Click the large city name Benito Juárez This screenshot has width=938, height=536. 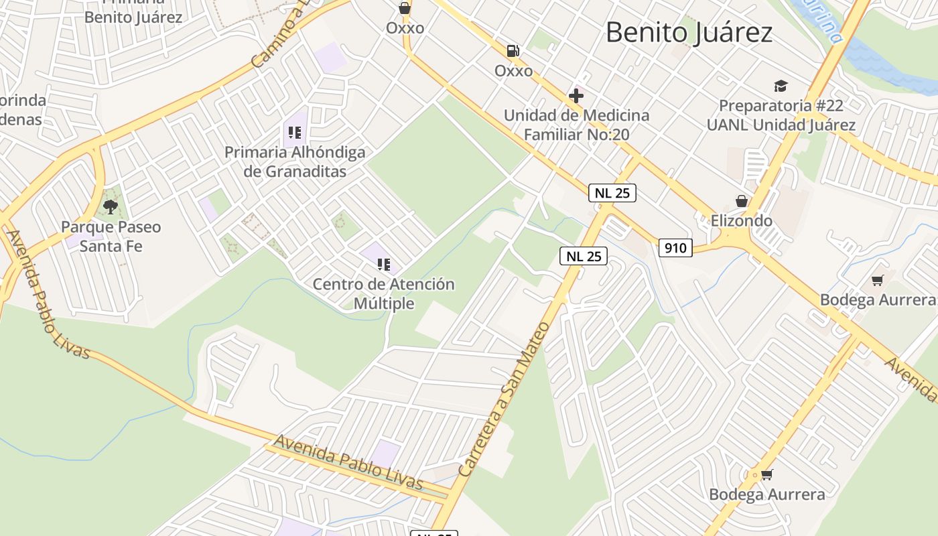(689, 32)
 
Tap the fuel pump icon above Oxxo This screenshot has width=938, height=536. (513, 50)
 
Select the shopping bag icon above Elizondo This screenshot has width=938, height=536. (742, 200)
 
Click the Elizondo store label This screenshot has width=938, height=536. (741, 220)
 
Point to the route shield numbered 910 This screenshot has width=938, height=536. (675, 248)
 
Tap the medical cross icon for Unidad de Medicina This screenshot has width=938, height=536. (576, 96)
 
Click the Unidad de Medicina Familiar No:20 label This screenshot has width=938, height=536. (576, 125)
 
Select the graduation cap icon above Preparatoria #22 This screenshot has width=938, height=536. (781, 86)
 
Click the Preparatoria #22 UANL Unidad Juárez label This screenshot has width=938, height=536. (781, 115)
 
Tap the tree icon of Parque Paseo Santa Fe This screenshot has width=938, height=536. (111, 206)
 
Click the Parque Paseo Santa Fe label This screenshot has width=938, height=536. (111, 236)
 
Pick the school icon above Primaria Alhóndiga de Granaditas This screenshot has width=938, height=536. (294, 133)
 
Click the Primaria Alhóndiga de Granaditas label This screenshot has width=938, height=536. (295, 161)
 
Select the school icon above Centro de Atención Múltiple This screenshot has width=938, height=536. (383, 265)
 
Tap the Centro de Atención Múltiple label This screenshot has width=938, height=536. (383, 293)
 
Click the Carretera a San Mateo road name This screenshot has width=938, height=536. (504, 400)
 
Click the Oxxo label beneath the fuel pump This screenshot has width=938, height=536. (513, 70)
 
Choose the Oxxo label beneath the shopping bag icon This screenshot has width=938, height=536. (405, 28)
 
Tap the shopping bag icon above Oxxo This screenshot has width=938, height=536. (405, 8)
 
